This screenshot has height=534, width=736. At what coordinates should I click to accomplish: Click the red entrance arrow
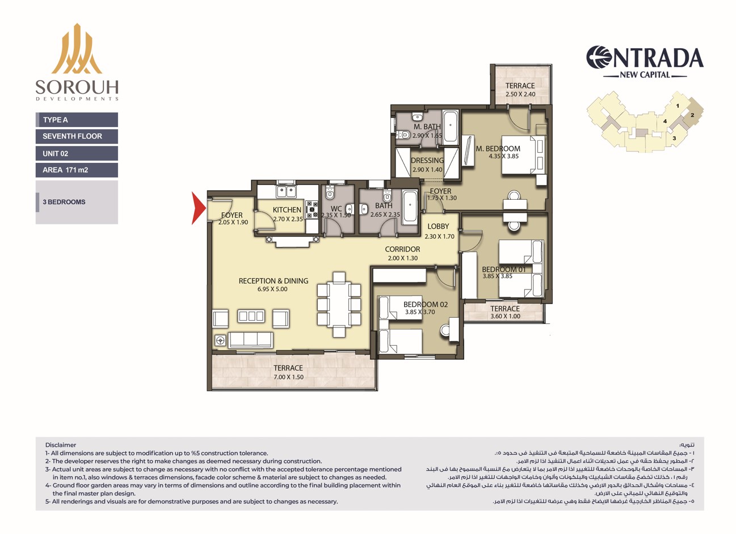[x=198, y=208]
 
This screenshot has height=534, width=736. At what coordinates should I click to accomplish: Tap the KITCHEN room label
[x=287, y=209]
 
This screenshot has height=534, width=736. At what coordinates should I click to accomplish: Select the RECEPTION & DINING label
[x=274, y=281]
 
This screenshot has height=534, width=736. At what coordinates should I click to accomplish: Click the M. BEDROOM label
[x=498, y=149]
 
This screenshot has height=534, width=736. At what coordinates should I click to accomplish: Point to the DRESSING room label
[x=427, y=161]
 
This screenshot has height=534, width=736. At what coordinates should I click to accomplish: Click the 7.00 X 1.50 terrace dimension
[x=288, y=377]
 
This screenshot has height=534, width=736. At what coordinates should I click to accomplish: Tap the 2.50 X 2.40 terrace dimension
[x=520, y=94]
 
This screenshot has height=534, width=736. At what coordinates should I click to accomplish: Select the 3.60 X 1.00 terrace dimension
[x=506, y=316]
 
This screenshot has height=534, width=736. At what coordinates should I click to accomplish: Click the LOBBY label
[x=438, y=226]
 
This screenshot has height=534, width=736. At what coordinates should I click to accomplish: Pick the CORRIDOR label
[x=402, y=250]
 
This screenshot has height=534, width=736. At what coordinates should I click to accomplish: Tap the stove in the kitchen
[x=312, y=209]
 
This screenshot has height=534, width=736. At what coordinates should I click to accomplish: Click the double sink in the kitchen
[x=286, y=191]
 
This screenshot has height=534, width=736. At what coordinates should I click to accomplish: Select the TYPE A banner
[x=77, y=120]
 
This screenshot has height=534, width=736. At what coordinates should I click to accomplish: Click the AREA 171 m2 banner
[x=77, y=170]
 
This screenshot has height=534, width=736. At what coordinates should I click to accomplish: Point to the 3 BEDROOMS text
[x=64, y=202]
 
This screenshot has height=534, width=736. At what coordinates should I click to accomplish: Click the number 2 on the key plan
[x=692, y=115]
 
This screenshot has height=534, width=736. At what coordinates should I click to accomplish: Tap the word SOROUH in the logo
[x=77, y=87]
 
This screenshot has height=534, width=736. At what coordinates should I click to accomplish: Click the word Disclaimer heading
[x=61, y=445]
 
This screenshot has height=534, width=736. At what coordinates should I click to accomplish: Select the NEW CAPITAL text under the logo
[x=645, y=75]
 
